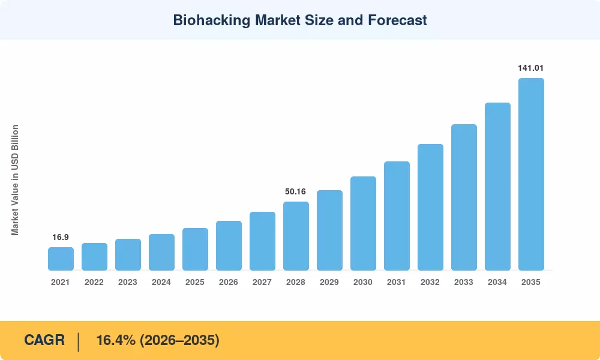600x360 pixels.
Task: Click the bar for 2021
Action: [x=61, y=259]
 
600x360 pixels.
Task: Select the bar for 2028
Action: [x=296, y=236]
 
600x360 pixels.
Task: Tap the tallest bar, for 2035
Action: [x=531, y=174]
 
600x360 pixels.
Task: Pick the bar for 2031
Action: [x=397, y=216]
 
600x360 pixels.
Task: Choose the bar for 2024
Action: [x=161, y=252]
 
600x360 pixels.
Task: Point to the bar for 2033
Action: [x=464, y=197]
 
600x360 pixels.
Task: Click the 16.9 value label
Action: [x=61, y=237]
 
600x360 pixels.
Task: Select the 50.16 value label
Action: [x=295, y=191]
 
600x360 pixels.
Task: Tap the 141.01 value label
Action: [x=531, y=68]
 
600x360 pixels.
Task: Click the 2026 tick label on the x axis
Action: [x=229, y=282]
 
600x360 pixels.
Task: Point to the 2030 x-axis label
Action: [x=363, y=282]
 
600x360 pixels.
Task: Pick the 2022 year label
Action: [x=94, y=282]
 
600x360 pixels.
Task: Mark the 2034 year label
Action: [x=497, y=282]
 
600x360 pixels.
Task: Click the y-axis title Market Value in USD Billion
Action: [x=15, y=180]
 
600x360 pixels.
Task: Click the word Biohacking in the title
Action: [x=212, y=20]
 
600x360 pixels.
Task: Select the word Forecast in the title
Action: [x=397, y=20]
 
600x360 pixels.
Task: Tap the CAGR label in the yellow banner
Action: [x=44, y=340]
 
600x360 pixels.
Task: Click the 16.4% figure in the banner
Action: [x=116, y=340]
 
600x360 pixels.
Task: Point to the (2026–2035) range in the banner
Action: [x=179, y=340]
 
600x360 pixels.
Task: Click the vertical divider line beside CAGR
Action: [x=79, y=342]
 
